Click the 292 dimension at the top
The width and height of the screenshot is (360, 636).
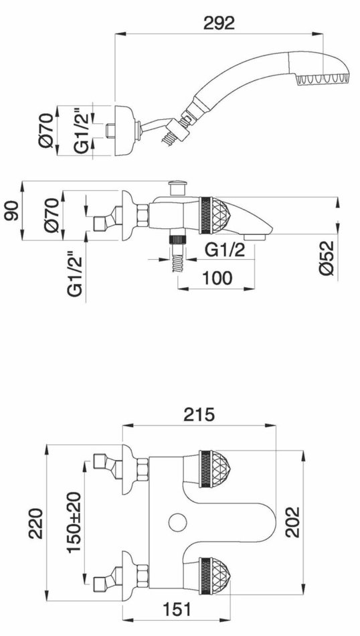tap(219, 23)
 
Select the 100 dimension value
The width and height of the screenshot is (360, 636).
tap(217, 278)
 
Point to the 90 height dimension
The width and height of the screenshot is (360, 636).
tap(12, 210)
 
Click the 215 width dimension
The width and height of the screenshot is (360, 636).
tap(199, 414)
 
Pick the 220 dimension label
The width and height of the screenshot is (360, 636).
tap(35, 523)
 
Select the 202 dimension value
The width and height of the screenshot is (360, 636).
tap(292, 522)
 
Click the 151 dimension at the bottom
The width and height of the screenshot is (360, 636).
tap(176, 609)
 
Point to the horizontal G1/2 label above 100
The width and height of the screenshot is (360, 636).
tap(225, 250)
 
